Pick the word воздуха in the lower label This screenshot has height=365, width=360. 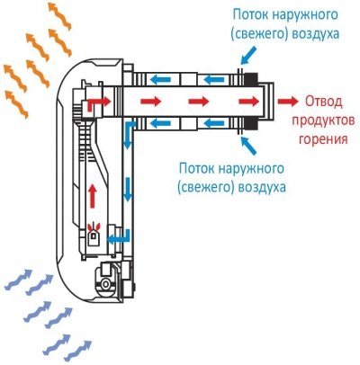point(262,189)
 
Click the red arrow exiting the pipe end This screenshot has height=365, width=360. point(289,100)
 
